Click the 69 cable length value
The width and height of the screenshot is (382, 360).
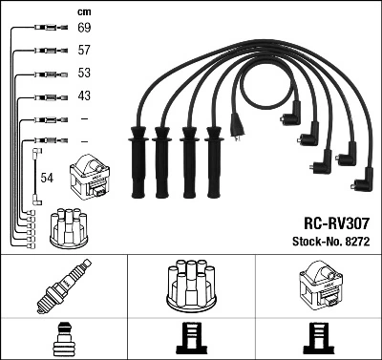click(x=84, y=30)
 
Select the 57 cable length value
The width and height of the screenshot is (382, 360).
click(x=84, y=51)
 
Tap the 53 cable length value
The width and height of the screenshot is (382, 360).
click(x=84, y=74)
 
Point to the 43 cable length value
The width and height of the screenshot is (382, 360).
click(x=84, y=96)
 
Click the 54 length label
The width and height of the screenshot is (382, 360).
click(x=48, y=178)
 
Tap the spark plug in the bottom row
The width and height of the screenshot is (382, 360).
click(x=64, y=287)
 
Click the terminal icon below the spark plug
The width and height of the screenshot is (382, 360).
click(x=64, y=340)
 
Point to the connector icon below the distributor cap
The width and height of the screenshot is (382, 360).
click(x=191, y=340)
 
